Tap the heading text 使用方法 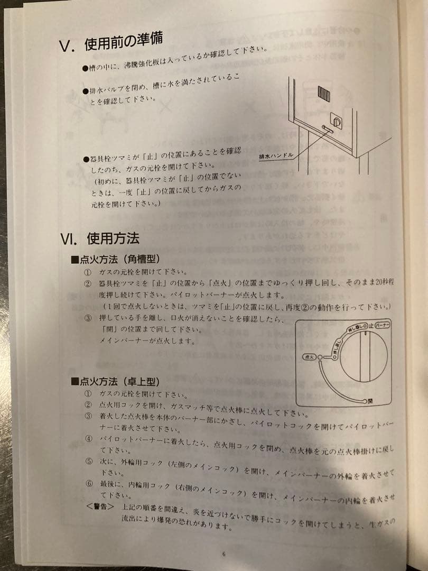pos(113,238)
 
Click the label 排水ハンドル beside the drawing pos(276,156)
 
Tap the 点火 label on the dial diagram pos(309,358)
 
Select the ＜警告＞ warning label pos(100,506)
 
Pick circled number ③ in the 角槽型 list pos(88,318)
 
